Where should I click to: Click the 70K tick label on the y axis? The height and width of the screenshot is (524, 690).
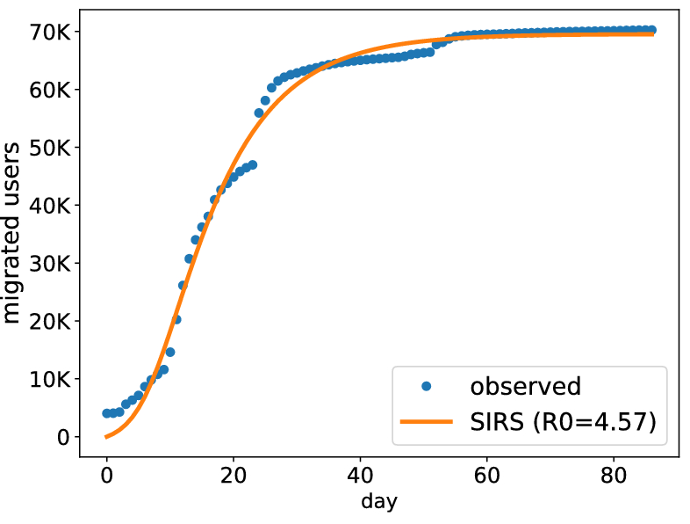click(x=50, y=32)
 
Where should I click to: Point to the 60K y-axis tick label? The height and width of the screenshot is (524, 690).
click(x=50, y=90)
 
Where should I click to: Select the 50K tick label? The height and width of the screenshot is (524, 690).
click(x=50, y=148)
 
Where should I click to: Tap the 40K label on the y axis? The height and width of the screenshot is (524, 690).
click(x=50, y=206)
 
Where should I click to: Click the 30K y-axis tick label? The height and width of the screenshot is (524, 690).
click(x=50, y=264)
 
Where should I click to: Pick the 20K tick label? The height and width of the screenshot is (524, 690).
click(x=50, y=322)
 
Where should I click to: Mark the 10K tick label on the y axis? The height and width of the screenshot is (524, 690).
click(x=50, y=380)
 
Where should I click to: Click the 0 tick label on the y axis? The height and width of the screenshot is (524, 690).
click(x=63, y=438)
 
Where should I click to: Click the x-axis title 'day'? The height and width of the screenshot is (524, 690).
click(x=378, y=503)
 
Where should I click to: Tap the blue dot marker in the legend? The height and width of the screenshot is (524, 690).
click(x=427, y=386)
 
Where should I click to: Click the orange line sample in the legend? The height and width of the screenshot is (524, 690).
click(x=427, y=422)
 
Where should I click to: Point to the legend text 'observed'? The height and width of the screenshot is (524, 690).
click(x=525, y=386)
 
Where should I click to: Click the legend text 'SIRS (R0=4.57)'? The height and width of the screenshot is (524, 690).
click(x=563, y=422)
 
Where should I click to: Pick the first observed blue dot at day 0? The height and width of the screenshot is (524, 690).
click(x=106, y=413)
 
